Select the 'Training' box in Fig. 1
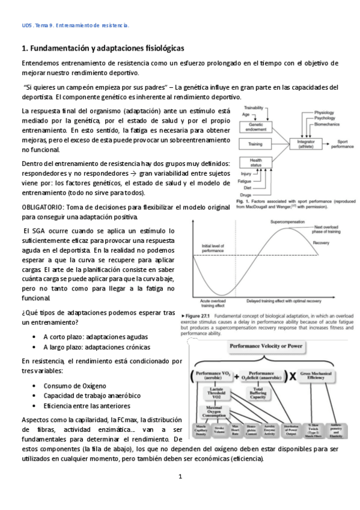(256, 144)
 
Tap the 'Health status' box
(256, 162)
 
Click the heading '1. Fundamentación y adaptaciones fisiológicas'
(103, 48)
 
